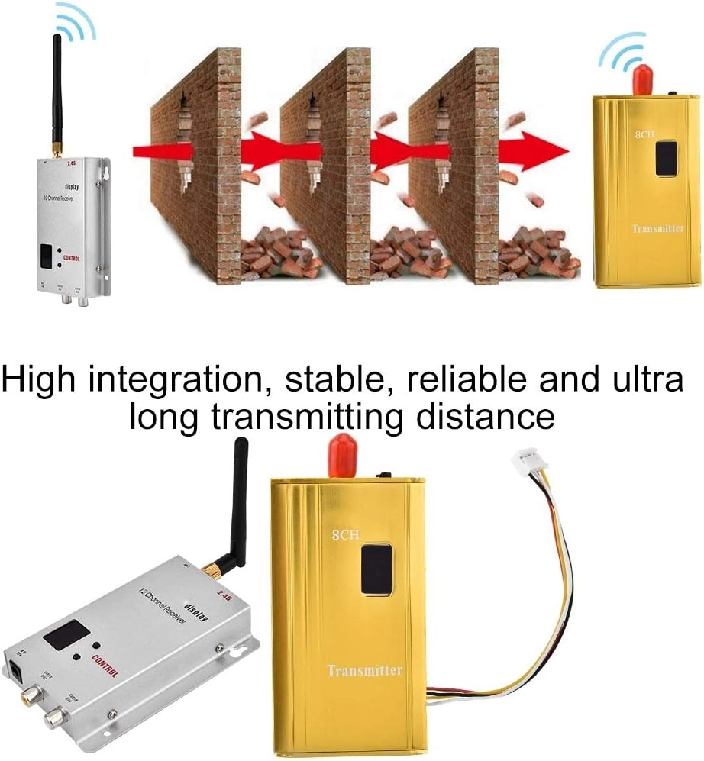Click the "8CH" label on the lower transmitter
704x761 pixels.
[345, 535]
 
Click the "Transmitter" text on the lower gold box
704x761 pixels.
[364, 670]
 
